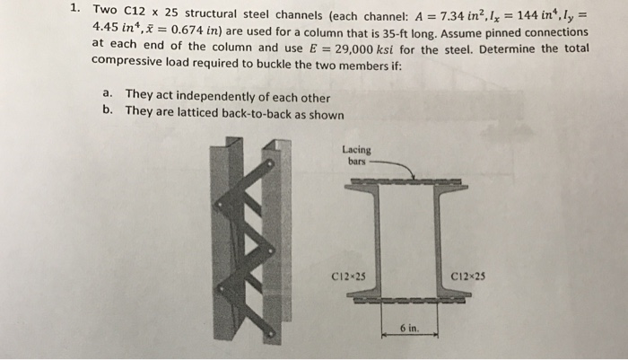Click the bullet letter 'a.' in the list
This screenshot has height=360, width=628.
click(x=108, y=94)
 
